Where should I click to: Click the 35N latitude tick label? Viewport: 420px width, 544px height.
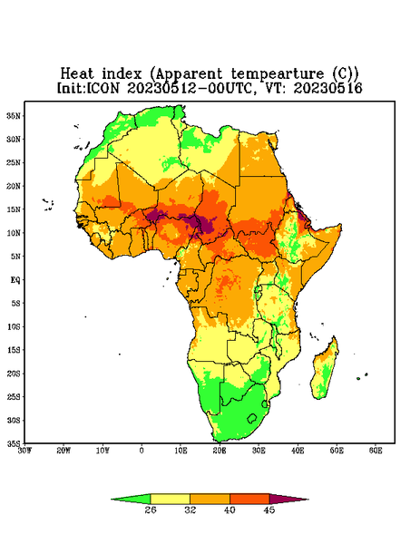14,116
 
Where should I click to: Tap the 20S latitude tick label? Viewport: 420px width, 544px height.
14,374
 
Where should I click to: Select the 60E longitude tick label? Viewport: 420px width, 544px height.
376,451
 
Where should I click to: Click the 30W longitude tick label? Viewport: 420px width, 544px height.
24,451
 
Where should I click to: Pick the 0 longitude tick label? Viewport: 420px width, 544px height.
142,451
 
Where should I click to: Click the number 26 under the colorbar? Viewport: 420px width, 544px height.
151,510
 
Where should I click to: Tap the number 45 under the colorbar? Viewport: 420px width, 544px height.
269,510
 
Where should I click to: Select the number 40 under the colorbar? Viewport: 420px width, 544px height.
230,510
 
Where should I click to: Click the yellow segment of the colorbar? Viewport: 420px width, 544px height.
170,500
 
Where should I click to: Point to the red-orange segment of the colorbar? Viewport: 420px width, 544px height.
249,500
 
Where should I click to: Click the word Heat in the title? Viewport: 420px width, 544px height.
77,73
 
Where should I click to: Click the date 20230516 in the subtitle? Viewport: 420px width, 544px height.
328,88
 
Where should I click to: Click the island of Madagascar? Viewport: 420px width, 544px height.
325,370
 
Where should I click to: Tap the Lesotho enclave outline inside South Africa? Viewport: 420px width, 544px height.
252,418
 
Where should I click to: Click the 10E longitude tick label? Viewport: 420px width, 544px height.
181,451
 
